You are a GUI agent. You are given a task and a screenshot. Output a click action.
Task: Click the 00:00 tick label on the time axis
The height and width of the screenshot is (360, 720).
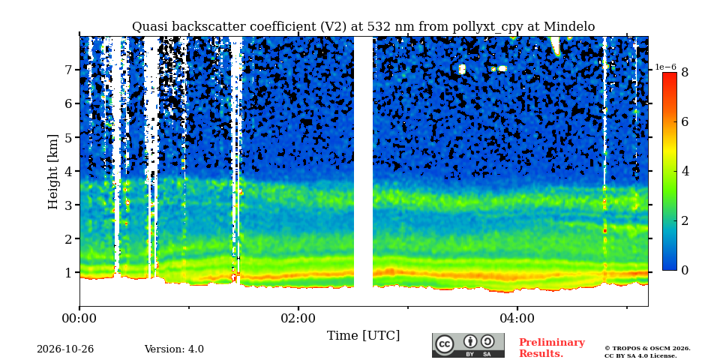(79, 318)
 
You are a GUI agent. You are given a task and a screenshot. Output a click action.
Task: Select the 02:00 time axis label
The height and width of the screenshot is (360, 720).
(298, 318)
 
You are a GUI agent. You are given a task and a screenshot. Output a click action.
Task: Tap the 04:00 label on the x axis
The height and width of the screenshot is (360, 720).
(517, 318)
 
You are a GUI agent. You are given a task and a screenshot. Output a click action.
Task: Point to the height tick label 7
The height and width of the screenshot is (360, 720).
(71, 70)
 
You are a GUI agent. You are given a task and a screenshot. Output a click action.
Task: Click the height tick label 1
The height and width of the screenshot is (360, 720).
(71, 273)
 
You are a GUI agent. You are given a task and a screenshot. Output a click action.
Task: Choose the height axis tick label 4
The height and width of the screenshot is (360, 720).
(71, 171)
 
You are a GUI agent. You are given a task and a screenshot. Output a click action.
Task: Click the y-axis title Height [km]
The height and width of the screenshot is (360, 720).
(53, 172)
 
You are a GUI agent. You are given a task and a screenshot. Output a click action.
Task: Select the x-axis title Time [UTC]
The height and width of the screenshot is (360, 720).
(363, 336)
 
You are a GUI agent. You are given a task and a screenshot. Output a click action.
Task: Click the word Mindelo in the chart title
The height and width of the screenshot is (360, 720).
(569, 27)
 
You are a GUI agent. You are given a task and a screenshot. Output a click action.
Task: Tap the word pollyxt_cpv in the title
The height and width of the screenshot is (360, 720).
(488, 27)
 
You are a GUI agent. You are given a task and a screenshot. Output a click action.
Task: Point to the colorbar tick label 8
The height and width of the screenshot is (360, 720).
(685, 72)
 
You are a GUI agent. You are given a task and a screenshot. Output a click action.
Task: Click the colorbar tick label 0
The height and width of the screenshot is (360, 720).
(685, 271)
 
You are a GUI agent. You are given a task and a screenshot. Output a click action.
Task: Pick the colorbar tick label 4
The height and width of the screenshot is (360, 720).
(685, 171)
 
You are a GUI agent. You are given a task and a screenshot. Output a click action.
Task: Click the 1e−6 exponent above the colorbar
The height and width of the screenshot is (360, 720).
(666, 67)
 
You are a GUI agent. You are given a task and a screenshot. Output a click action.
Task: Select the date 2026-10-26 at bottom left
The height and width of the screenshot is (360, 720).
(65, 349)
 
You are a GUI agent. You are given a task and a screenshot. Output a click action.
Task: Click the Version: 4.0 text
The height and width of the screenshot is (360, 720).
(174, 349)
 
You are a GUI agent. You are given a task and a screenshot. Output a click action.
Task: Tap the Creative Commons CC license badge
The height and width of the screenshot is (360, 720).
(468, 345)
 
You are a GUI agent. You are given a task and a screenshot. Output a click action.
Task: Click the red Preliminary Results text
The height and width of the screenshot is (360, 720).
(552, 348)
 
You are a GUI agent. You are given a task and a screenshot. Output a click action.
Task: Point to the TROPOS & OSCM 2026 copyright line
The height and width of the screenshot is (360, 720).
(647, 349)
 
